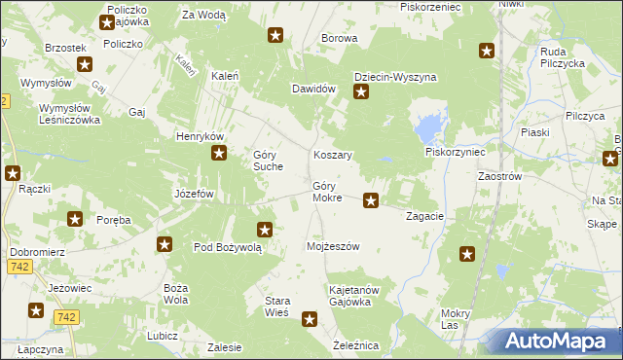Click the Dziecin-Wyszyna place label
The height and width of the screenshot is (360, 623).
[394, 77]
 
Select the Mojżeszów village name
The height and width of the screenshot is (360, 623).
[333, 246]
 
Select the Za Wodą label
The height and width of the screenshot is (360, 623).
[203, 16]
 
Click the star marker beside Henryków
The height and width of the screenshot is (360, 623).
[220, 153]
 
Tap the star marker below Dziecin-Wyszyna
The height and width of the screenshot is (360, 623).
[361, 93]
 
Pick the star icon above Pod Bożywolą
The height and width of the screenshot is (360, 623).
[264, 230]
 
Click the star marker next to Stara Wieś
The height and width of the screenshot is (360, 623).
[310, 318]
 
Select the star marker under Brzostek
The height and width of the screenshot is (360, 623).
[85, 65]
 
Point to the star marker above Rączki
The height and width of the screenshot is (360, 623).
[13, 173]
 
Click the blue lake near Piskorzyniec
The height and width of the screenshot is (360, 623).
[425, 127]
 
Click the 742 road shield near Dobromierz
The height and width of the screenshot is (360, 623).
[18, 266]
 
